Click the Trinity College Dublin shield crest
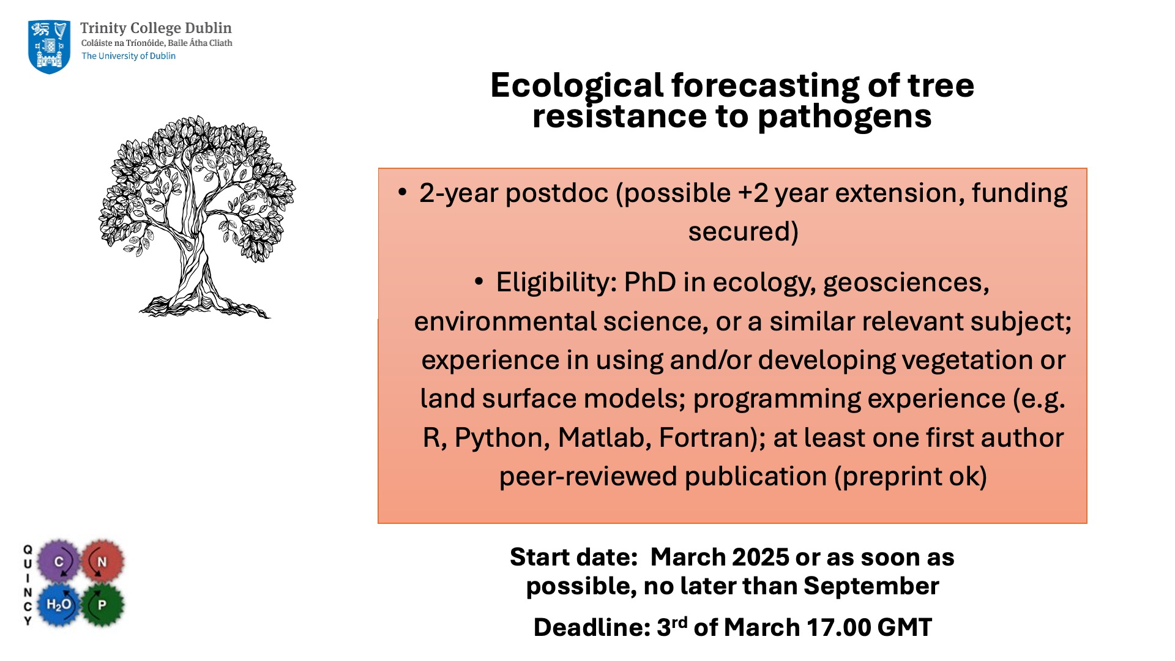49,47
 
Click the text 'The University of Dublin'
129,56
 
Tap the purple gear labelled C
59,561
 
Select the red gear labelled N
102,561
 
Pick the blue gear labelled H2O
59,605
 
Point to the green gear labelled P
102,605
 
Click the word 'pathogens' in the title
845,118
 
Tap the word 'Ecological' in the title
576,86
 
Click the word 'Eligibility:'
556,283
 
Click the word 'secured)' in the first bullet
743,232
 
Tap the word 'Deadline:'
591,627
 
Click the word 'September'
871,586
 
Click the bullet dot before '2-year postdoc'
402,192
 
